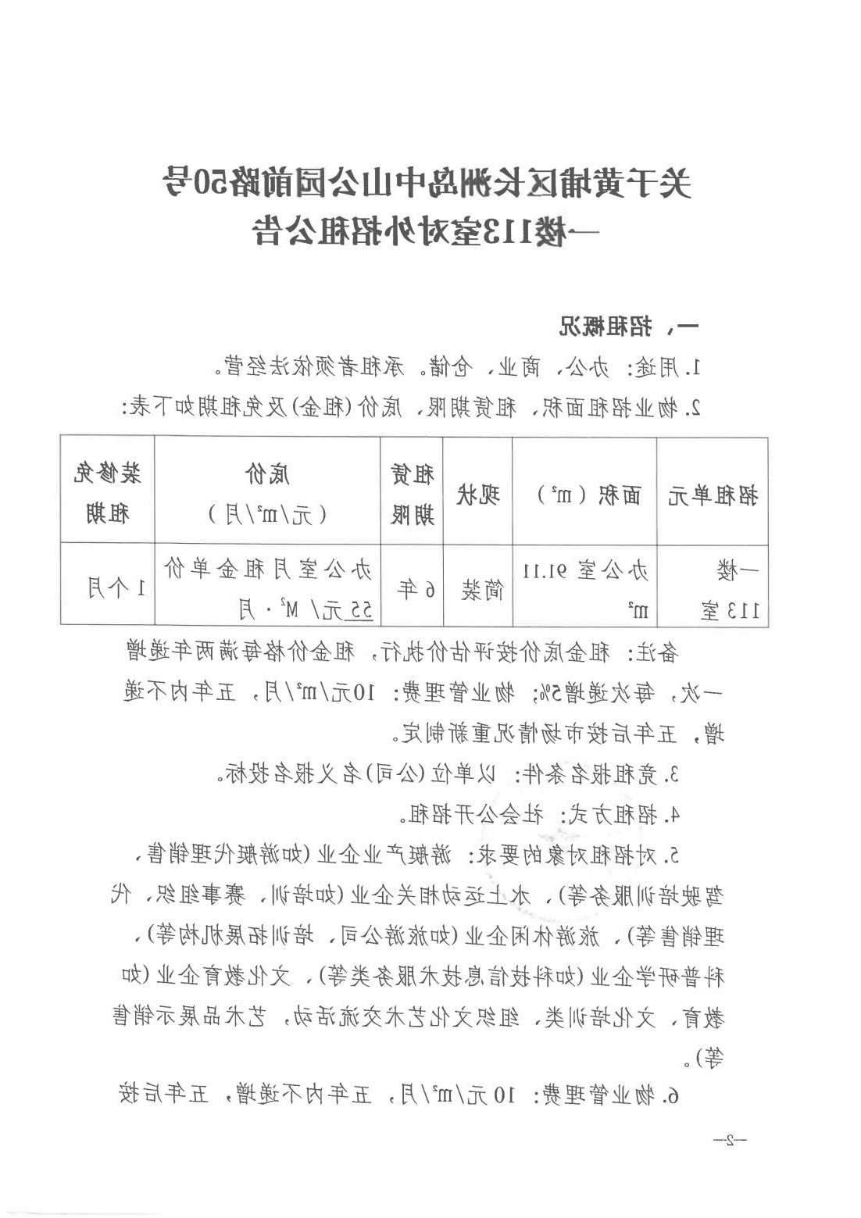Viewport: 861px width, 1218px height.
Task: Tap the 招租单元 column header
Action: [712, 495]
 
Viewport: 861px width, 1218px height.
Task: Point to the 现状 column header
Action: [477, 495]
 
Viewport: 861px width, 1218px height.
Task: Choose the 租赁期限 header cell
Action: [412, 495]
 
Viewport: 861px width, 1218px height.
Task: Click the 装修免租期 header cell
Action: [107, 495]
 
